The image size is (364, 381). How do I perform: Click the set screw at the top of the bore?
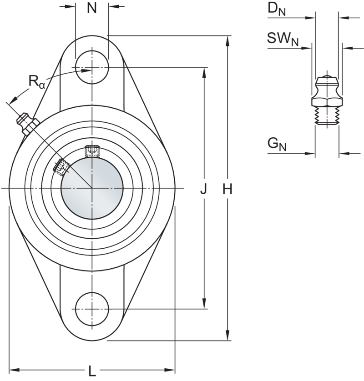coord(91,149)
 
